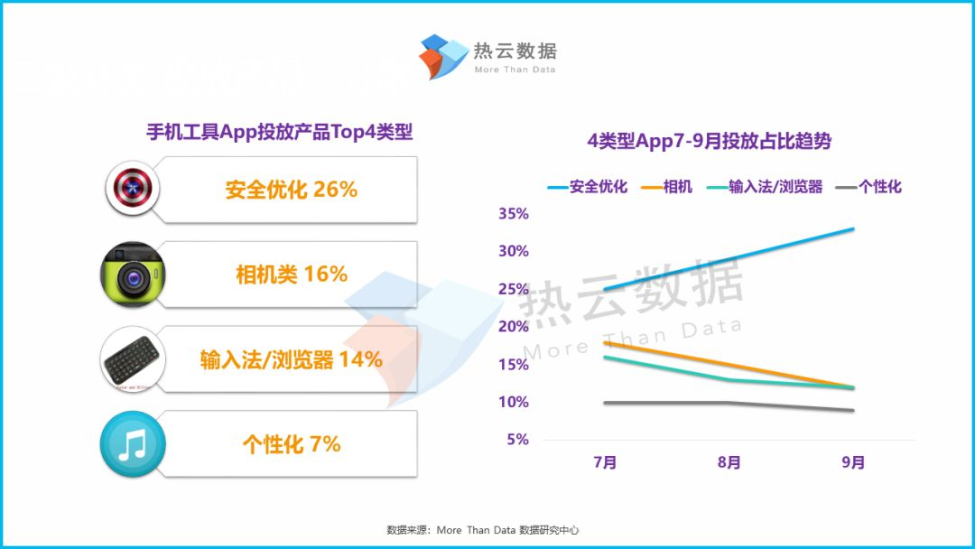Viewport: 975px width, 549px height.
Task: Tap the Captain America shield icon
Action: [132, 189]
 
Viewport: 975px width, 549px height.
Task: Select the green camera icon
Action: [132, 274]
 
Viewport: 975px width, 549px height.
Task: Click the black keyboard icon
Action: [132, 359]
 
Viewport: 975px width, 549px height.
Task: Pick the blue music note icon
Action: [132, 444]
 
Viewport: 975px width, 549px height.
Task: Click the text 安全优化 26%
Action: [292, 190]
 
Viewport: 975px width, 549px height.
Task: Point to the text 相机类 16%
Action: [292, 274]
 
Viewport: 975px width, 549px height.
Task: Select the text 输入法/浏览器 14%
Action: [292, 359]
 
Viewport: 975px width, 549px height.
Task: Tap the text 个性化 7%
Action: [292, 444]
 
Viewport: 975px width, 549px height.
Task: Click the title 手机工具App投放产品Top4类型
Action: [279, 132]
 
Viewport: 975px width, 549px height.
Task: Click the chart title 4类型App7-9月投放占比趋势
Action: [709, 142]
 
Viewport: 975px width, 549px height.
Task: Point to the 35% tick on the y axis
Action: [513, 214]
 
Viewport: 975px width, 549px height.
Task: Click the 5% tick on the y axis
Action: [516, 440]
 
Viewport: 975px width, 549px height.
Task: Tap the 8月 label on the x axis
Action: [729, 463]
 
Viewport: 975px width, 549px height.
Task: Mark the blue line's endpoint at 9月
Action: [853, 228]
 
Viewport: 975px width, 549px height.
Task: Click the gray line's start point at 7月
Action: [605, 403]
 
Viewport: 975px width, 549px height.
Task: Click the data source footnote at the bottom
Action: [488, 530]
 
